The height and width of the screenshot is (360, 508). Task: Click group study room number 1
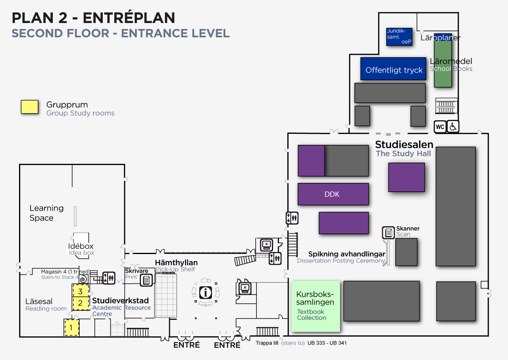click(72, 328)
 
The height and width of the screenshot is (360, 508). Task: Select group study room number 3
click(80, 291)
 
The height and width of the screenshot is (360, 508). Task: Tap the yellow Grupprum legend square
click(29, 107)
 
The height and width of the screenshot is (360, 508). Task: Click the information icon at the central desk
click(206, 293)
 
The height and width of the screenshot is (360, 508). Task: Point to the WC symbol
click(440, 127)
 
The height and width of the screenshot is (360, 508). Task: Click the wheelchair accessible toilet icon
click(453, 127)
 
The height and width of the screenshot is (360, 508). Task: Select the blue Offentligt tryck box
click(393, 69)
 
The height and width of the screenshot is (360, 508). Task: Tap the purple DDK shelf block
click(333, 194)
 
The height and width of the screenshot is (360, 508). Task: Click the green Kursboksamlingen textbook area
click(316, 306)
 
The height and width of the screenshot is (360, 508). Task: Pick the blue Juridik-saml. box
click(399, 37)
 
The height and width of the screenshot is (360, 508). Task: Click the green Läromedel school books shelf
click(443, 64)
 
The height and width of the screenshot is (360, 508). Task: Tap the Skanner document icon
click(388, 233)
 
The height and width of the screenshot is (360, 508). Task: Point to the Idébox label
click(81, 246)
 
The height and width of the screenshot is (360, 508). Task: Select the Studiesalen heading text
click(404, 144)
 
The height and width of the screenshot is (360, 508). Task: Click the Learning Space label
click(46, 213)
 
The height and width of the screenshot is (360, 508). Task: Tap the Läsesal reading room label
click(39, 302)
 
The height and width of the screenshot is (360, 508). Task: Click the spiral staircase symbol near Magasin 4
click(83, 279)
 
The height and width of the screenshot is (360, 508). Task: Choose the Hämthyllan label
click(176, 263)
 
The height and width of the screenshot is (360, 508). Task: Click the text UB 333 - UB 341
click(327, 343)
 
